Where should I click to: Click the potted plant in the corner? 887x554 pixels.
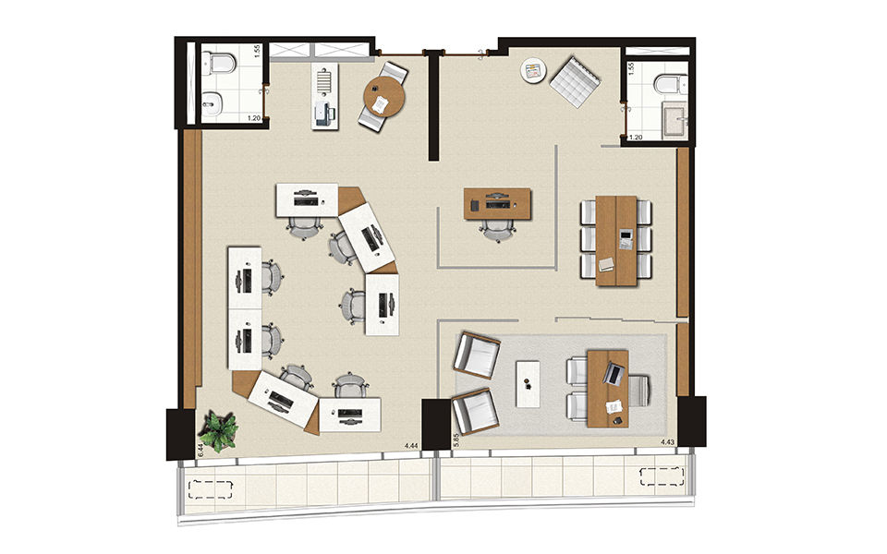click(219, 431)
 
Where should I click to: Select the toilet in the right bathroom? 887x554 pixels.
click(668, 86)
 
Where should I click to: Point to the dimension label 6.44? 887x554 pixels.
click(200, 450)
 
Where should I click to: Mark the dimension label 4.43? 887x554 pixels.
click(667, 443)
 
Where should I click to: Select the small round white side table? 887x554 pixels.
click(532, 71)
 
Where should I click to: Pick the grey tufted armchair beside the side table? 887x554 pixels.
click(576, 76)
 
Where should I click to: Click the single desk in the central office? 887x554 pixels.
click(498, 204)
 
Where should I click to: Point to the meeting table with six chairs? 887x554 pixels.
click(617, 239)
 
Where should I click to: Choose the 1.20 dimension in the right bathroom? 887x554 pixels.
click(635, 138)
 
